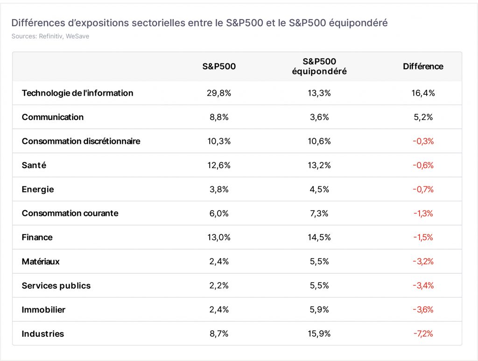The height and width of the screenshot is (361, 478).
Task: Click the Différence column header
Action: [423, 66]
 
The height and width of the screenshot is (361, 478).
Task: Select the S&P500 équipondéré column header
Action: [319, 66]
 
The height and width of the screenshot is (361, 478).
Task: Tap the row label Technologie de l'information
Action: [77, 93]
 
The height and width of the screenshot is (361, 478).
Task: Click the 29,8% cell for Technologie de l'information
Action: [219, 93]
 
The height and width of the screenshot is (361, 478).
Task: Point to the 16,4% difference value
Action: [423, 93]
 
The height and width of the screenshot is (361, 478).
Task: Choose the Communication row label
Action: [53, 117]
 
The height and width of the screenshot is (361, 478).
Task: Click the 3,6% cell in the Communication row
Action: [319, 117]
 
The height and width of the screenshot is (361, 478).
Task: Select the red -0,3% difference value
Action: [423, 141]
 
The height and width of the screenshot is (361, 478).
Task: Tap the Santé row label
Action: [34, 165]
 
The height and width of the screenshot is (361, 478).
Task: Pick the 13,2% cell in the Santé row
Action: [319, 165]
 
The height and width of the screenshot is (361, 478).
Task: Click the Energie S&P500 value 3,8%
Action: [219, 189]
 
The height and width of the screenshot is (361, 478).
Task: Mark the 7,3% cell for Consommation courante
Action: [319, 213]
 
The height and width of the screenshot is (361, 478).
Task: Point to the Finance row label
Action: [37, 237]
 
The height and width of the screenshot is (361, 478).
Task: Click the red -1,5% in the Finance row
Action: [423, 237]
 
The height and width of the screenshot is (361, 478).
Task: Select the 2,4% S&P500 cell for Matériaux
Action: [219, 262]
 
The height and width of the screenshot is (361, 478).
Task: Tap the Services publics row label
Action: [56, 286]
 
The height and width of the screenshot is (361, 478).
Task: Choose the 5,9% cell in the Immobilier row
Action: [319, 310]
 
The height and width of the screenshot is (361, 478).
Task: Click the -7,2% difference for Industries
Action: [423, 333]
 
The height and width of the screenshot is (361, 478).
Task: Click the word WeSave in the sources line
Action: [77, 36]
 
